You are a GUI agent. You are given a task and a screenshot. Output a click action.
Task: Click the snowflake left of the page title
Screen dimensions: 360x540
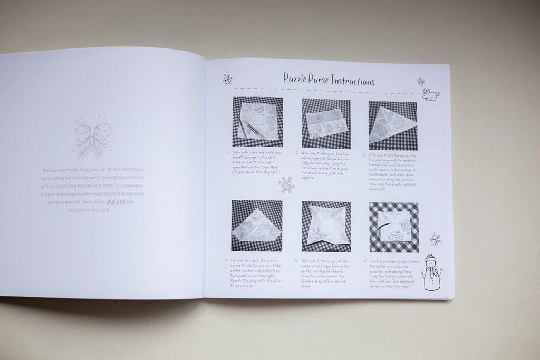pyautogui.click(x=228, y=79)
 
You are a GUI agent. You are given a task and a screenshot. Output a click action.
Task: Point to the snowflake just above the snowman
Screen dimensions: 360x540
pyautogui.click(x=435, y=240)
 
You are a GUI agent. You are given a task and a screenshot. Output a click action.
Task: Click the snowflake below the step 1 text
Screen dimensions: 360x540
pyautogui.click(x=286, y=184)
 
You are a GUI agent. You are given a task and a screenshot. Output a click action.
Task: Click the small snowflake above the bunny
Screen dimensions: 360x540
pyautogui.click(x=421, y=81)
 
